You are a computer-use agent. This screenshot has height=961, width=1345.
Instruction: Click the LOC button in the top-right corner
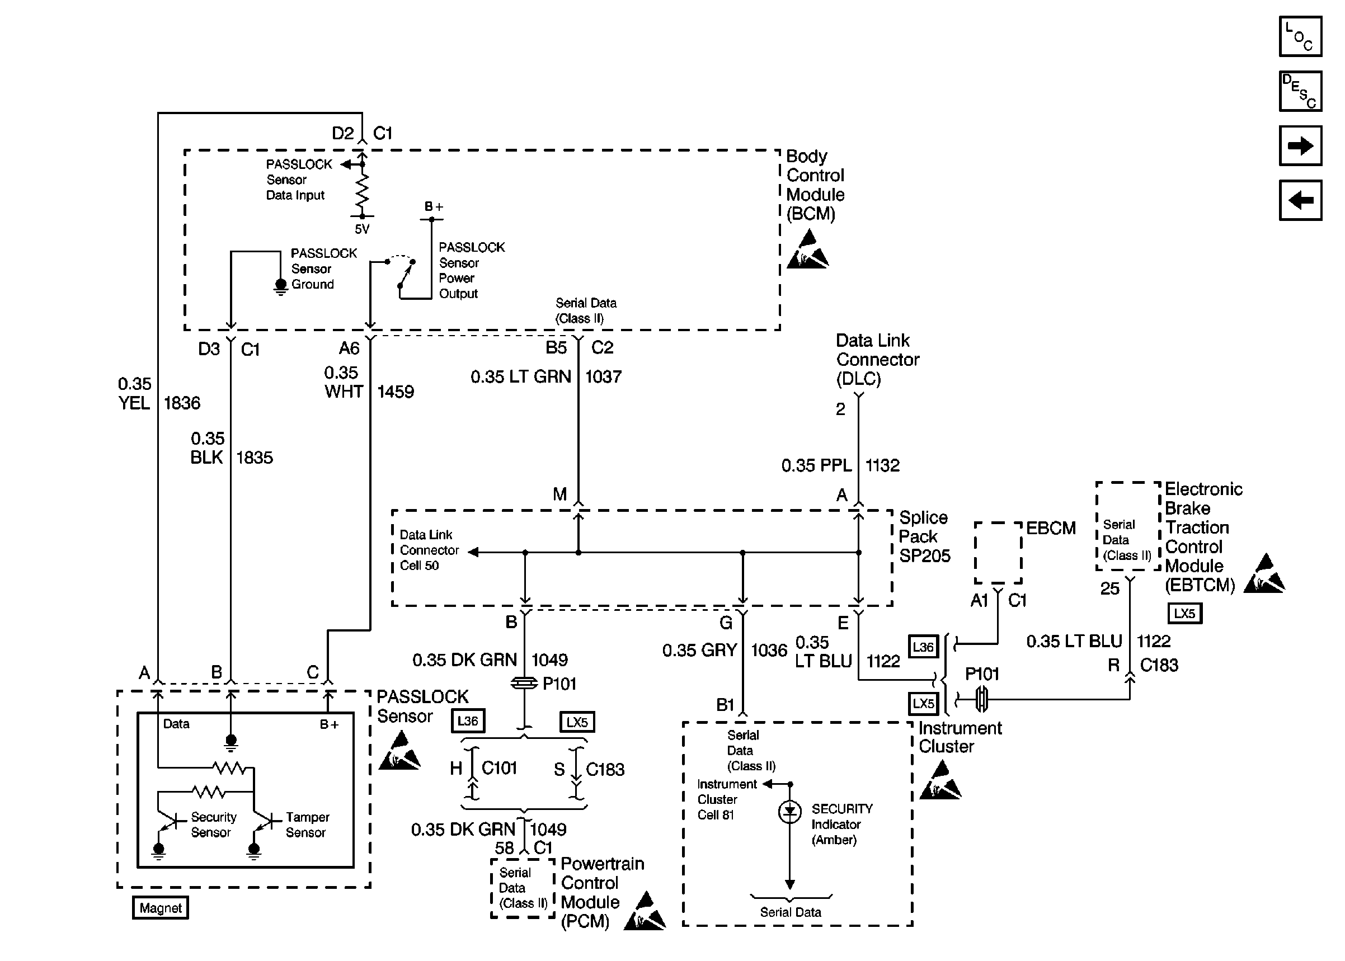(1300, 37)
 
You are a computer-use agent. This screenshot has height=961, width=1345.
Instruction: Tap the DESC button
(1300, 91)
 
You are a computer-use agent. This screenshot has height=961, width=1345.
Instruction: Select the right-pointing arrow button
(1300, 145)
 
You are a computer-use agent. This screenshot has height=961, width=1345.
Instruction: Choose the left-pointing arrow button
(1300, 200)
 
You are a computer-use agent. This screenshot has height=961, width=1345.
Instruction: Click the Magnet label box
(161, 908)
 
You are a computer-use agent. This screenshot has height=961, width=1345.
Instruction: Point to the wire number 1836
(182, 403)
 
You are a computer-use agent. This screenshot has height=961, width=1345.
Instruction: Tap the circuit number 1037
(603, 377)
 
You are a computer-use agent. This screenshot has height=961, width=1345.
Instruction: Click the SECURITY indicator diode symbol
(789, 812)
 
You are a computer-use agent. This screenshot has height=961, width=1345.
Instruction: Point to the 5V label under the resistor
(361, 229)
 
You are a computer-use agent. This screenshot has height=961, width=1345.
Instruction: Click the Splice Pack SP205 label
(924, 536)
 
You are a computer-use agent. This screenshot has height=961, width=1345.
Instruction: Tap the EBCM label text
(1050, 528)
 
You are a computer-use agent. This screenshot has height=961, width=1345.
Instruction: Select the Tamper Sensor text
(307, 825)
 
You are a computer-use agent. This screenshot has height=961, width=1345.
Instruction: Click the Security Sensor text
(213, 825)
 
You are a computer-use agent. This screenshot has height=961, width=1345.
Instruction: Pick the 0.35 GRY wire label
(699, 651)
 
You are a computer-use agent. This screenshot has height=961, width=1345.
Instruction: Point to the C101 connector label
(500, 768)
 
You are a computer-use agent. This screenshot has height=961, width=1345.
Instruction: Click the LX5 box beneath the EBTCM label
(1184, 613)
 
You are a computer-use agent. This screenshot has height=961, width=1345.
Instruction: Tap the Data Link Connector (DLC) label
(877, 360)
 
